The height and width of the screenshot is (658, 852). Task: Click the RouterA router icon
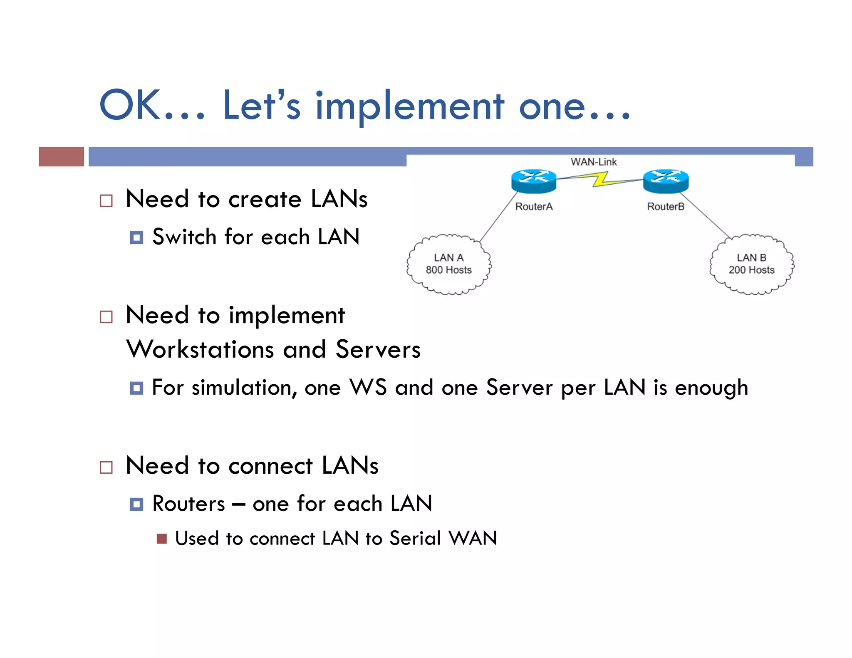[x=534, y=181]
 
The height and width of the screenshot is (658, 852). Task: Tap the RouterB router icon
[x=666, y=181]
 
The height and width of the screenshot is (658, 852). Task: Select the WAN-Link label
[x=594, y=162]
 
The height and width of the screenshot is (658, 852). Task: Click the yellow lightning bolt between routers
[x=600, y=180]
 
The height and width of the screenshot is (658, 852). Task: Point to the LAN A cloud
[x=448, y=265]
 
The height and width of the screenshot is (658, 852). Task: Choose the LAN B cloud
[x=751, y=265]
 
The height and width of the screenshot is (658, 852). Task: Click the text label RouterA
[x=534, y=207]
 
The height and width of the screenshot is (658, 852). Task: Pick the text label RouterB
[x=666, y=207]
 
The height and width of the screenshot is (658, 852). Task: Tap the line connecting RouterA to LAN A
[x=498, y=217]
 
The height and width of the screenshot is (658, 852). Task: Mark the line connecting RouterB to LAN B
[x=706, y=215]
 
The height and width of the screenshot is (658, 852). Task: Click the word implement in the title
[x=410, y=106]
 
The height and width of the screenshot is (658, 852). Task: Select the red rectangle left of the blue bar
[x=61, y=157]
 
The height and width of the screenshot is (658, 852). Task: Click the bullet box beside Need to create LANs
[x=106, y=201]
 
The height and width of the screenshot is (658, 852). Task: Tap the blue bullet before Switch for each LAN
[x=136, y=237]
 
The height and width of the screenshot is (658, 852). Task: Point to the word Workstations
[x=200, y=349]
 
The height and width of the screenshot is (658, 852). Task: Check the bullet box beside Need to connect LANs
[x=106, y=467]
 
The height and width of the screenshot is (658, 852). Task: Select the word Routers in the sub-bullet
[x=189, y=504]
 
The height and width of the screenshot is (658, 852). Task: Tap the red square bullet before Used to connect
[x=162, y=539]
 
